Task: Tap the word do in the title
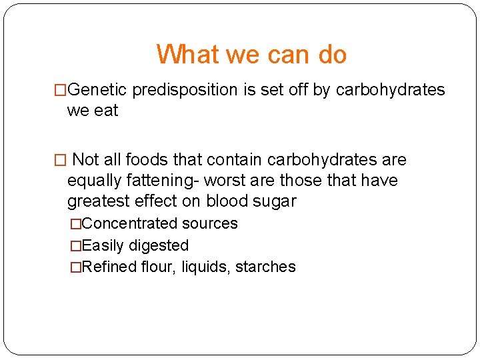click(x=332, y=54)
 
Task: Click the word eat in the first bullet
click(x=105, y=111)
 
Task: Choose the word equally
click(x=93, y=181)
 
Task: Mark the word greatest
click(x=95, y=201)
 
